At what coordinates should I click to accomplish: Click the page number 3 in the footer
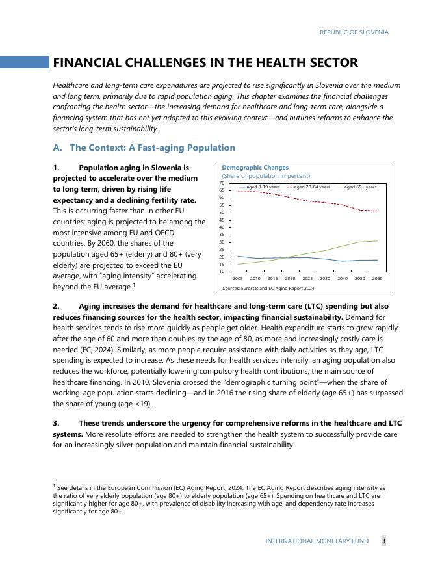(383, 541)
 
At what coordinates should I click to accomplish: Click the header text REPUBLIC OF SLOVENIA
(354, 32)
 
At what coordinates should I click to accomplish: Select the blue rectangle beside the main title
(25, 62)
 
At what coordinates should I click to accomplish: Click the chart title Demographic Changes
(255, 167)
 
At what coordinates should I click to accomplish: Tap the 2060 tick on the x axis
(377, 278)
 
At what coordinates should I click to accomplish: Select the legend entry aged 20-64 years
(311, 187)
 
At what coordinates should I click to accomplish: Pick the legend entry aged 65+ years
(360, 187)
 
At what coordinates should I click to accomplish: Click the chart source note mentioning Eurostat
(268, 287)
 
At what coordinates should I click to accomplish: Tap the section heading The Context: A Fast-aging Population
(152, 148)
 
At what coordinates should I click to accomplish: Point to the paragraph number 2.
(57, 306)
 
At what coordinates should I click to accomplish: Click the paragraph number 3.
(57, 423)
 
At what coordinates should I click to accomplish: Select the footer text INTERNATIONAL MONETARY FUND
(317, 541)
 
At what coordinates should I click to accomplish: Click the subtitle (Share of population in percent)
(266, 176)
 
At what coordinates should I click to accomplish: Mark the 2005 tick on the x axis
(238, 278)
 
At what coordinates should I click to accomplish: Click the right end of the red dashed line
(377, 211)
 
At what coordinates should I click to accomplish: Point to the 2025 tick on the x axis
(307, 278)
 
